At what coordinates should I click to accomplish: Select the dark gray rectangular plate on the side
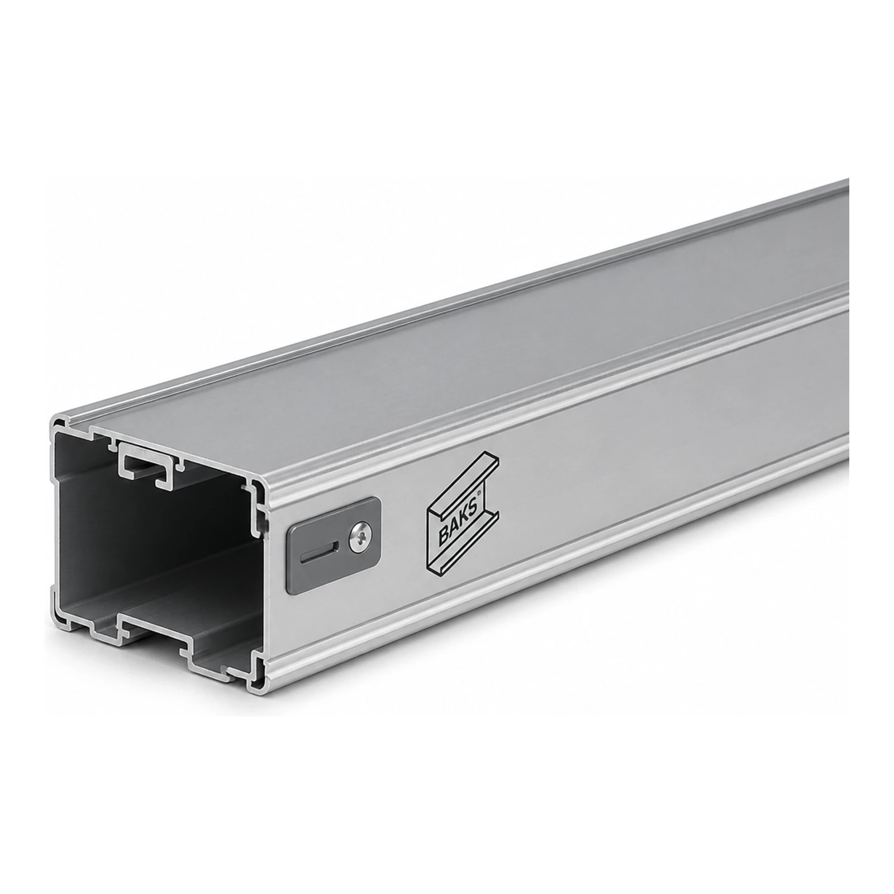point(334,545)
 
